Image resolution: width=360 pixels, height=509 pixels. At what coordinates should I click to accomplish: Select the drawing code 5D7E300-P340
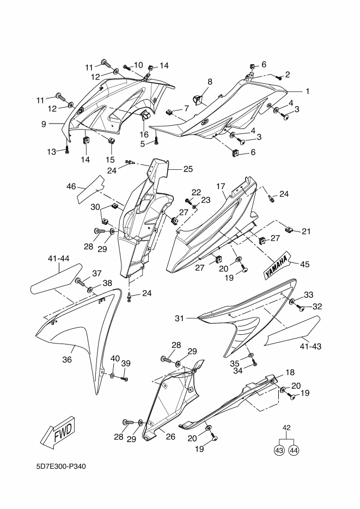[62, 467]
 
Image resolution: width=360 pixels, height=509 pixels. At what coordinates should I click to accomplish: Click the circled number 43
[279, 450]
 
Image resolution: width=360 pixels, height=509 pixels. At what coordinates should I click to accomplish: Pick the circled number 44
[294, 450]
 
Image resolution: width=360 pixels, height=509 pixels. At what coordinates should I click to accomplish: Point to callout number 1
[307, 91]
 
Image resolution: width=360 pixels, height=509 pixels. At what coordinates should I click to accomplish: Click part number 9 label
[44, 124]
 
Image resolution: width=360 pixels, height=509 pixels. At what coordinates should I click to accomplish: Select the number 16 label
[144, 134]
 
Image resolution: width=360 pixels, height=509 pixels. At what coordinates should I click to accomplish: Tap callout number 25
[188, 169]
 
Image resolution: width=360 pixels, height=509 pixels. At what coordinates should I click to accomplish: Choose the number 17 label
[221, 186]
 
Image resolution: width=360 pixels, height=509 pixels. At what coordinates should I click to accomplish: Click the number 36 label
[67, 360]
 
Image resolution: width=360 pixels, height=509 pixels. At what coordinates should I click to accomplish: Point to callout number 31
[180, 318]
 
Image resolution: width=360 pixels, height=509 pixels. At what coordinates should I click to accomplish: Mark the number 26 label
[170, 437]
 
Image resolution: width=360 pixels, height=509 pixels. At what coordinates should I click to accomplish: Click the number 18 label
[290, 372]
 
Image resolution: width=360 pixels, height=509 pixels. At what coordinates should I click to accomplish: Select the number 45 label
[304, 264]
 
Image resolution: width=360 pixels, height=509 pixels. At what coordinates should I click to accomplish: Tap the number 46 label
[71, 186]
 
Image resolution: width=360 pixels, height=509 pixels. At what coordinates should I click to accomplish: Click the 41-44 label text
[58, 259]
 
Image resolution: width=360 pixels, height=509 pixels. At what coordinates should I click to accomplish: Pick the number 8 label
[210, 82]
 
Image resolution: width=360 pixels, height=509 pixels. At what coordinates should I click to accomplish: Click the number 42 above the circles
[286, 427]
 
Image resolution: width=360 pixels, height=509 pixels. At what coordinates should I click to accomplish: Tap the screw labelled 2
[278, 77]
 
